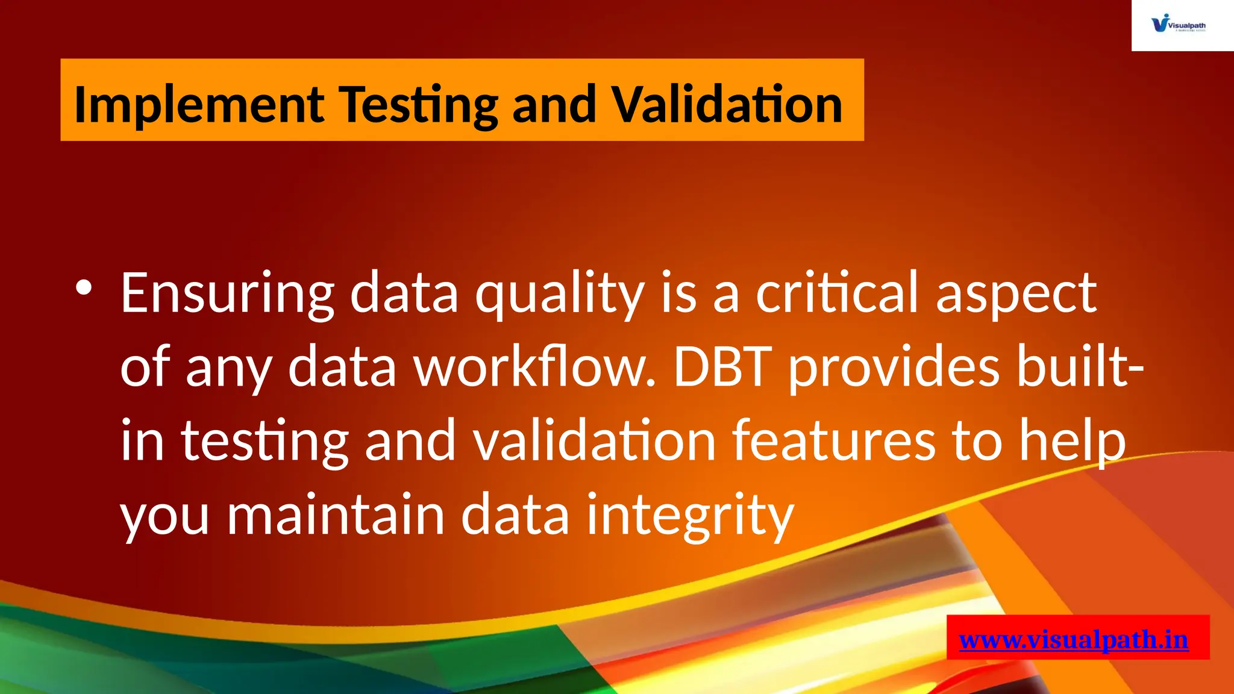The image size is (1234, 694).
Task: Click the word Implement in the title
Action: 199,105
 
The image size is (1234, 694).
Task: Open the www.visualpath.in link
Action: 1073,639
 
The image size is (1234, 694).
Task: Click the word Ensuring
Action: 227,293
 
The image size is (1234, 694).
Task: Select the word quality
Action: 560,293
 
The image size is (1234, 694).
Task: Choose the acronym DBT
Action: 722,367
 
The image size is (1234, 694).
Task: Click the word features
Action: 834,441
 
